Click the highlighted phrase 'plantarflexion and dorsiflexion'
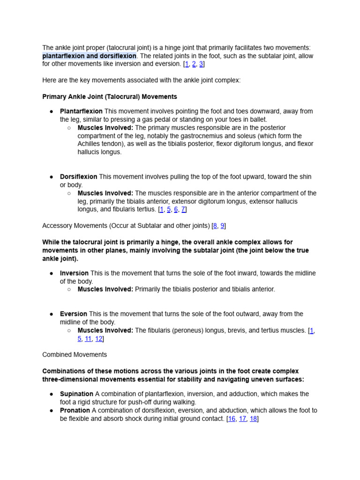(89, 56)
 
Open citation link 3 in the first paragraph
(201, 64)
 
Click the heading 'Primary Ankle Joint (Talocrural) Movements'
(110, 97)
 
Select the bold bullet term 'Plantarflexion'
(81, 112)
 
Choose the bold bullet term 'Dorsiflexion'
(78, 177)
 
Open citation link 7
(183, 210)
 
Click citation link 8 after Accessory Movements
(215, 226)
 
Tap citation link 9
(223, 226)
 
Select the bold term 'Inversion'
(74, 273)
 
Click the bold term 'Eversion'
(74, 314)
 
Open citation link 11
(88, 339)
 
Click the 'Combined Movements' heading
(75, 355)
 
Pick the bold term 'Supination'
(76, 394)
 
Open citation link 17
(242, 419)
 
